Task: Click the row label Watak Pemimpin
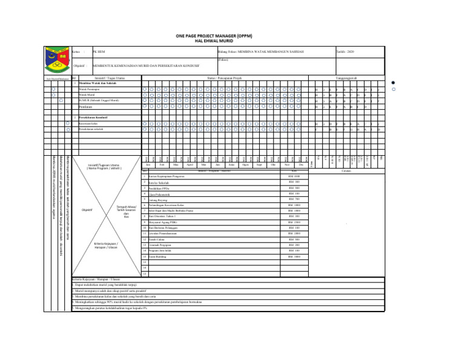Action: tap(90, 89)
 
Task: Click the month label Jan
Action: tap(148, 164)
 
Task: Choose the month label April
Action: tap(190, 164)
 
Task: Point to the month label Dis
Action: tap(300, 164)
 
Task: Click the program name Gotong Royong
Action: tap(91, 199)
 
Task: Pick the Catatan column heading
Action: tap(346, 170)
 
